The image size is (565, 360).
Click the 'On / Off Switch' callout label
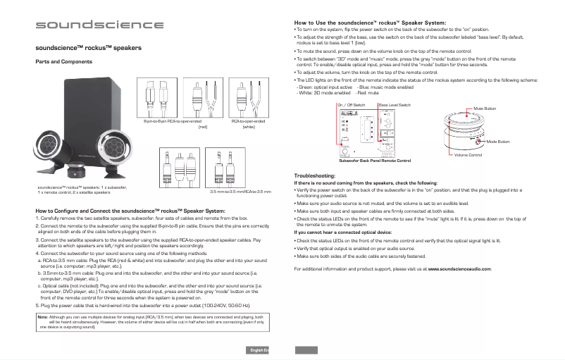click(x=350, y=104)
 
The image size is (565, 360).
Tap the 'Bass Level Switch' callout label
click(x=394, y=104)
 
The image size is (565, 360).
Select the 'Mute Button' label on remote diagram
click(x=485, y=108)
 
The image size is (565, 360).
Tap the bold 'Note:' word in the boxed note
click(x=42, y=317)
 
